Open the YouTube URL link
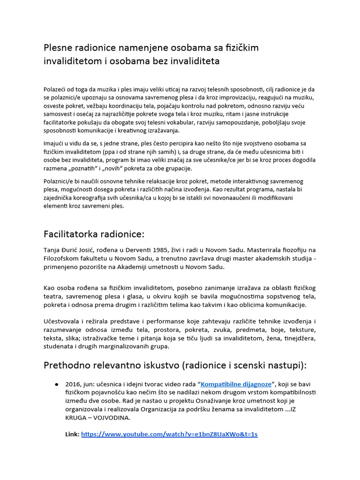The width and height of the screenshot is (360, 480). [x=169, y=435]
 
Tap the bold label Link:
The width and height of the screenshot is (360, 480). [x=72, y=435]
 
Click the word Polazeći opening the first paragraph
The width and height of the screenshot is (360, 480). [x=57, y=89]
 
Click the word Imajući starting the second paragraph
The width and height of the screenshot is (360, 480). [x=56, y=143]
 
